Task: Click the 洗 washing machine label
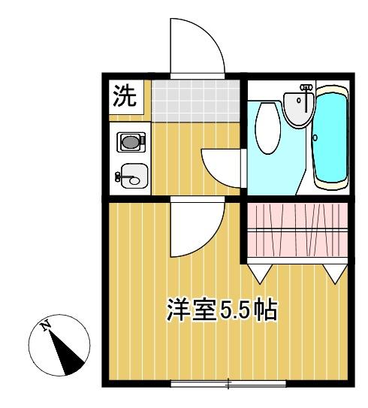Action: (x=125, y=95)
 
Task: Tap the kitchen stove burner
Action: (x=131, y=141)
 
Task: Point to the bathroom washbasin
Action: (x=299, y=108)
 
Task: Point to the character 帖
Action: (x=264, y=310)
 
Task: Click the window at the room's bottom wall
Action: (x=228, y=384)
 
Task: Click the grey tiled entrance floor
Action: (x=196, y=98)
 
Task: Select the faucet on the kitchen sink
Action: (x=121, y=177)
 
